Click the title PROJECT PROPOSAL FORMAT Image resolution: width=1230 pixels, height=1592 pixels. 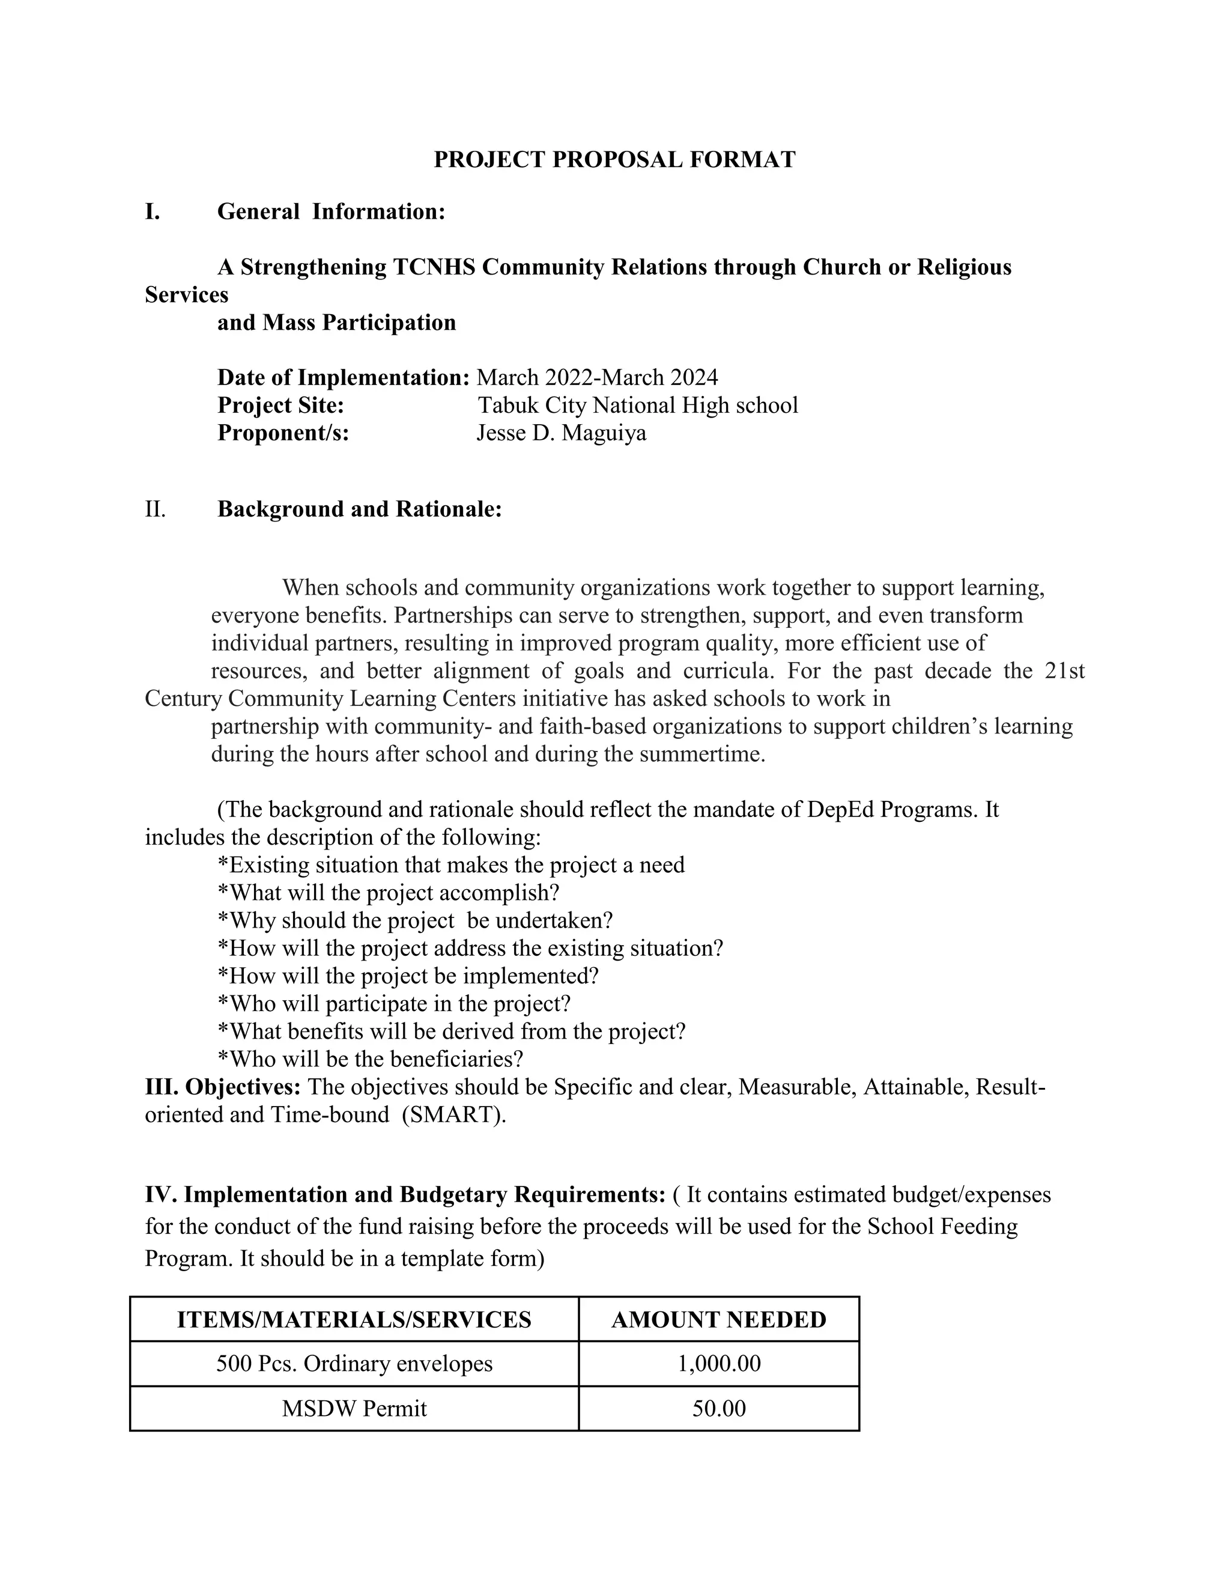pos(614,160)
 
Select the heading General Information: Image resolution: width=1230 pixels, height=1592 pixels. pos(331,212)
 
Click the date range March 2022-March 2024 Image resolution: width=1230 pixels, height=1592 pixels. pos(597,378)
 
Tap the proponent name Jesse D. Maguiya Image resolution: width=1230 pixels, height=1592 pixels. pos(561,433)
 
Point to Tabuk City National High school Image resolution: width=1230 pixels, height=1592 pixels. pos(638,406)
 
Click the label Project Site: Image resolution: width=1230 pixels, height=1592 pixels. pos(280,406)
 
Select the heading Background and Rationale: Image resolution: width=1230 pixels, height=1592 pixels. pos(359,509)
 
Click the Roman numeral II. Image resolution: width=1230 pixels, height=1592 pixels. pos(155,509)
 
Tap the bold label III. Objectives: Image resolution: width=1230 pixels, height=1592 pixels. pos(222,1087)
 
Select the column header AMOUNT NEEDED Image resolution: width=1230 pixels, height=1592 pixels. pos(718,1320)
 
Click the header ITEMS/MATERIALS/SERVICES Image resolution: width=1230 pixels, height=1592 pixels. pos(354,1320)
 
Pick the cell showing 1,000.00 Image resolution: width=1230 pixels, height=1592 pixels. pos(718,1364)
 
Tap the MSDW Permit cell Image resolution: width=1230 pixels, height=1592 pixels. pos(354,1408)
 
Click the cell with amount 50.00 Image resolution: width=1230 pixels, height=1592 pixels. pos(718,1408)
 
